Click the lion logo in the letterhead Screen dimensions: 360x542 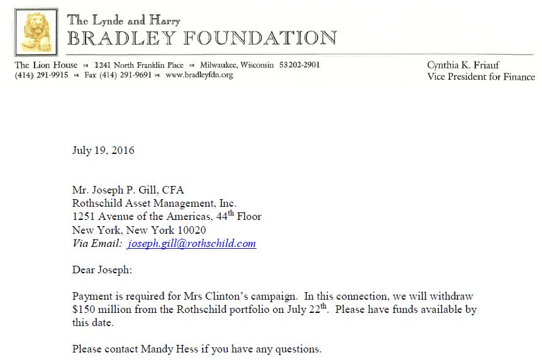coord(36,32)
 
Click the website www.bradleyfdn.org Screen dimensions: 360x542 coord(199,75)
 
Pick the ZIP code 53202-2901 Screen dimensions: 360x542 coord(299,65)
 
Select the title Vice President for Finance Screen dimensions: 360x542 coord(481,77)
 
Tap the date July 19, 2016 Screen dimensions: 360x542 coord(103,151)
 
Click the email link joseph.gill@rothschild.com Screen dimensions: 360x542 coord(192,244)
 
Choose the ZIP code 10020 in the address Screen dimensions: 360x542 coord(191,230)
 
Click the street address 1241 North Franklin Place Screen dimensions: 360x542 coord(139,65)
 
